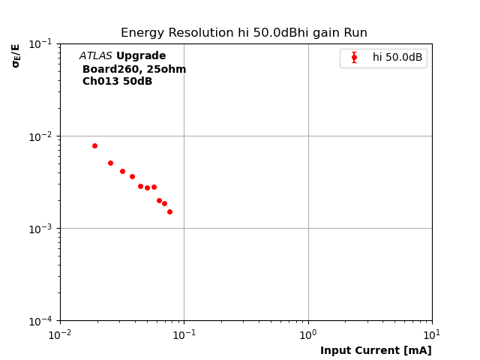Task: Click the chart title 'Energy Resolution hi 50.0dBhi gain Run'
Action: [244, 33]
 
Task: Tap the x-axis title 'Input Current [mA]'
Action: [376, 350]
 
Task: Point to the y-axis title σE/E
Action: [16, 55]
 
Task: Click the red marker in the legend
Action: [354, 58]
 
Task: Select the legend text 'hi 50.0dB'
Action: [397, 58]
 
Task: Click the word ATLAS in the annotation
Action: [95, 56]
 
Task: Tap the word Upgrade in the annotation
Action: [141, 56]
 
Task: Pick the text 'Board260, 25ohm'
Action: [134, 69]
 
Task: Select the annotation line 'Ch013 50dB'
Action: [117, 82]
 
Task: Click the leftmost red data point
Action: [94, 145]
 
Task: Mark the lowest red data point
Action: [169, 211]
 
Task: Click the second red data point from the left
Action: [110, 163]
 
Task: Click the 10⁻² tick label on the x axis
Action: [60, 334]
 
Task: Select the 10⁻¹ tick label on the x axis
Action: [184, 334]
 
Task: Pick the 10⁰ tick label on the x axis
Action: [308, 334]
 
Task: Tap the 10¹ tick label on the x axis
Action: [432, 334]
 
